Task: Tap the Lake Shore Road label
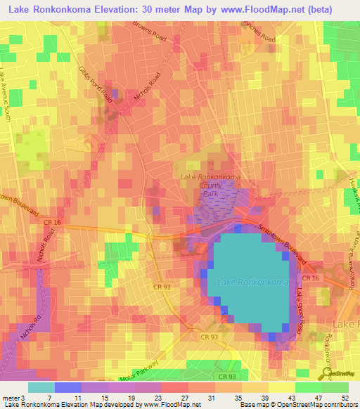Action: tap(300, 309)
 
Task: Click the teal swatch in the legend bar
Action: tap(41, 387)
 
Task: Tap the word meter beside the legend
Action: tap(10, 398)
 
